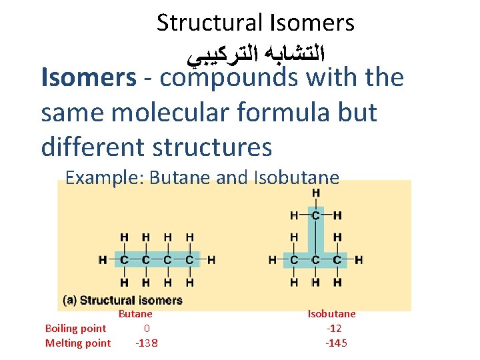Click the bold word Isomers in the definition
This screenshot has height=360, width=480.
(88, 78)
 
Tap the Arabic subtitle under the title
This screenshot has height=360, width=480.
(257, 51)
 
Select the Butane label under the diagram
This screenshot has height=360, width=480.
(135, 314)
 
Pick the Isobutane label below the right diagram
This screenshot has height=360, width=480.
(331, 314)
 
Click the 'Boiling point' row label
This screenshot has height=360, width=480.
(75, 328)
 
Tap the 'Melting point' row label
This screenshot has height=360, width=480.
(77, 343)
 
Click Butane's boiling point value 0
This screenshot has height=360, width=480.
(147, 328)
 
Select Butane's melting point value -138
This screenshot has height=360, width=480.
(147, 343)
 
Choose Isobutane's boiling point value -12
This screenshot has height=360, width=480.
(334, 328)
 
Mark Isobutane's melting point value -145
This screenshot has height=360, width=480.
(336, 343)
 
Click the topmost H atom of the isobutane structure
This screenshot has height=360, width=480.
(315, 193)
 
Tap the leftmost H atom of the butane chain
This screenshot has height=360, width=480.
(102, 259)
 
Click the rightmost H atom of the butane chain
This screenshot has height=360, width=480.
(211, 259)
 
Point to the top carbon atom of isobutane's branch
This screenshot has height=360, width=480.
(315, 215)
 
